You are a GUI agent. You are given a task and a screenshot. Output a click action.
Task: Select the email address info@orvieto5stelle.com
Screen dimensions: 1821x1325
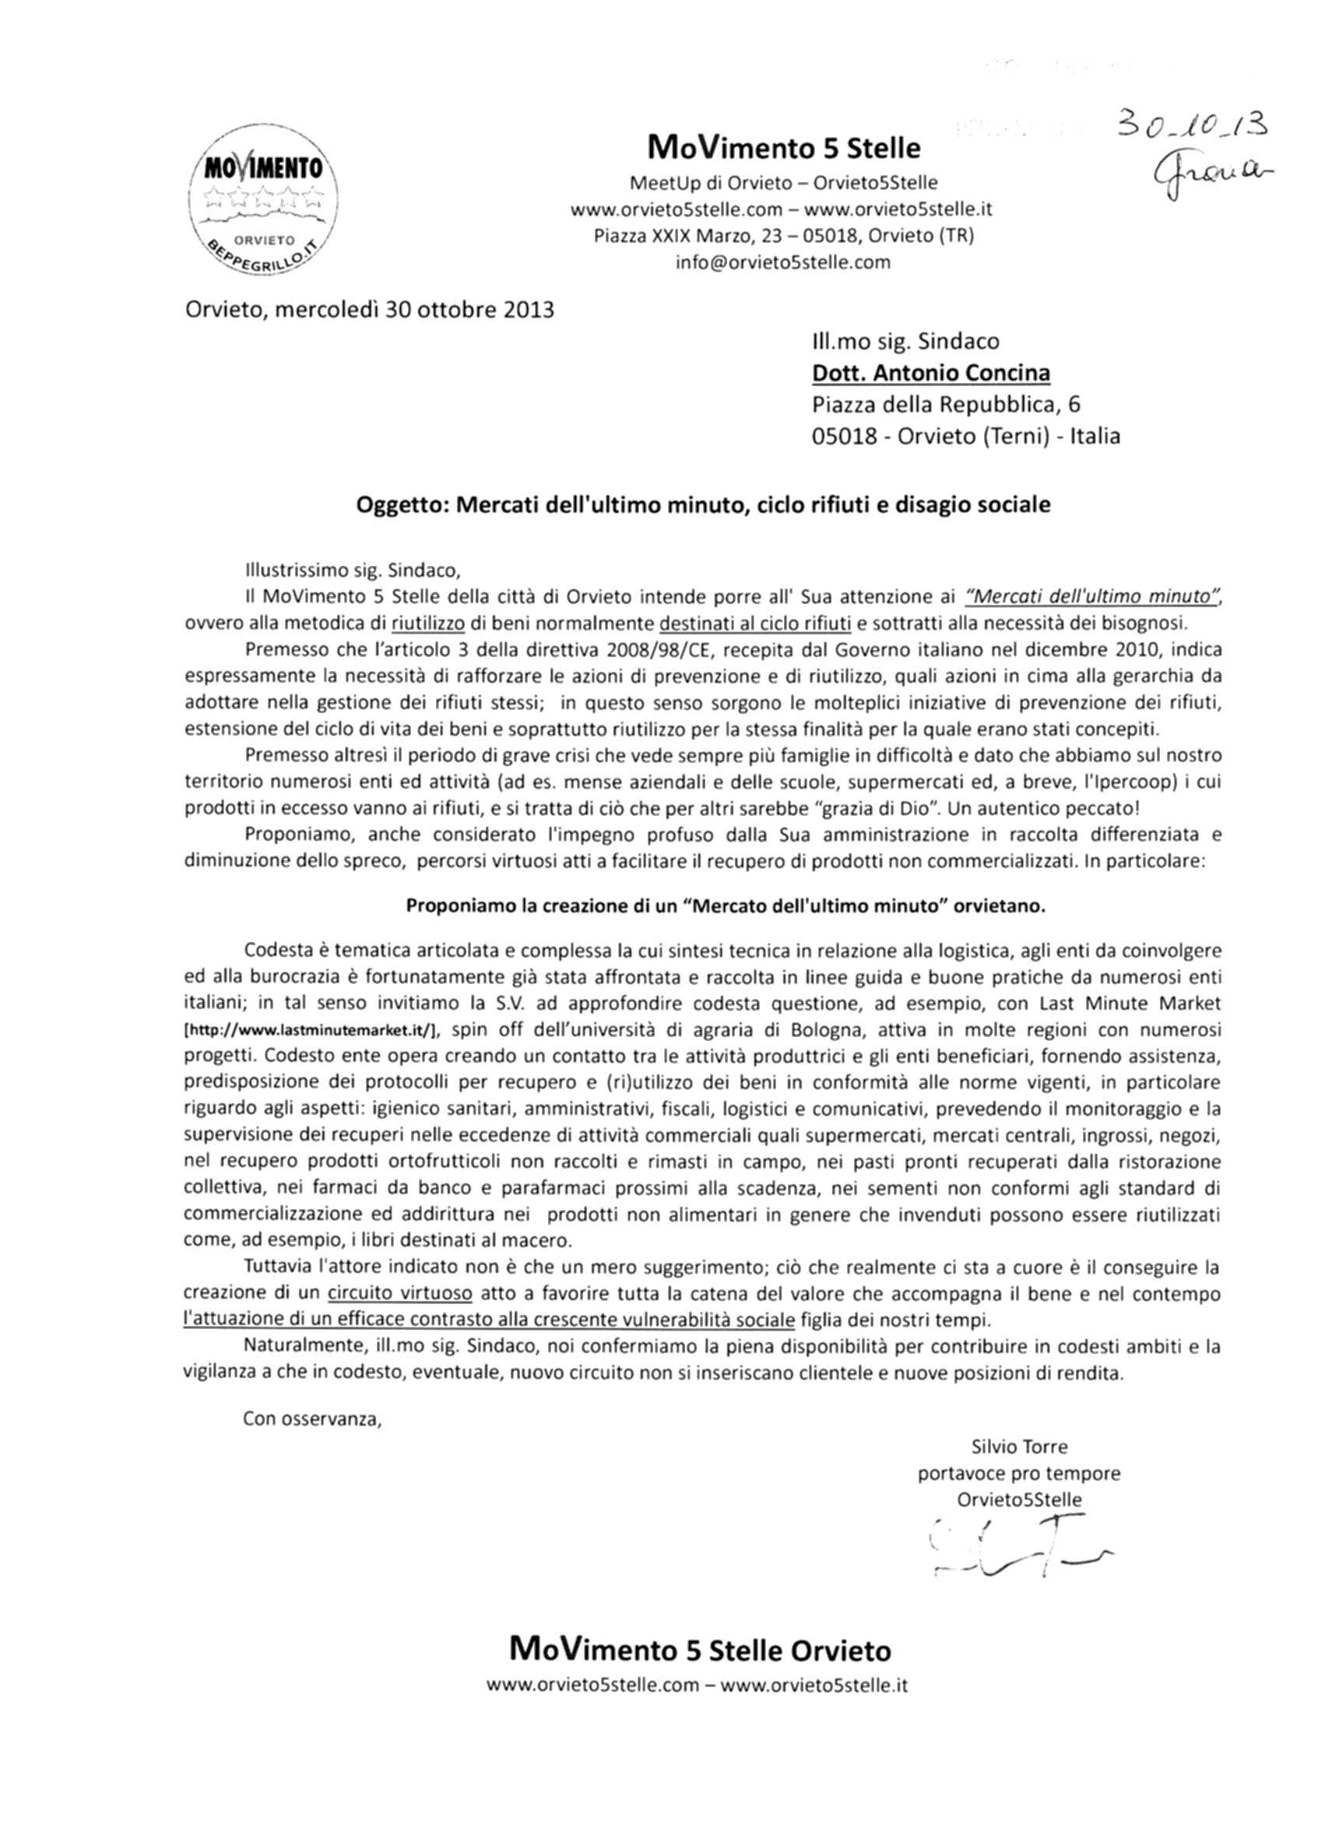[x=783, y=262]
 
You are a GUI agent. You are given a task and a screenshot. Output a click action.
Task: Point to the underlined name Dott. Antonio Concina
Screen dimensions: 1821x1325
[x=931, y=374]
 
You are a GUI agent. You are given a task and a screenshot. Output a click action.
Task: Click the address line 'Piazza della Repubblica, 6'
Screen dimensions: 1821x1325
[x=951, y=405]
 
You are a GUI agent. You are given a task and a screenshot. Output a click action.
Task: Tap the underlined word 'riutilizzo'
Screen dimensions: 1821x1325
[x=429, y=622]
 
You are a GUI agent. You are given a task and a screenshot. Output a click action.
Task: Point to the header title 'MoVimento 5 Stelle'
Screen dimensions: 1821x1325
[x=783, y=148]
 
